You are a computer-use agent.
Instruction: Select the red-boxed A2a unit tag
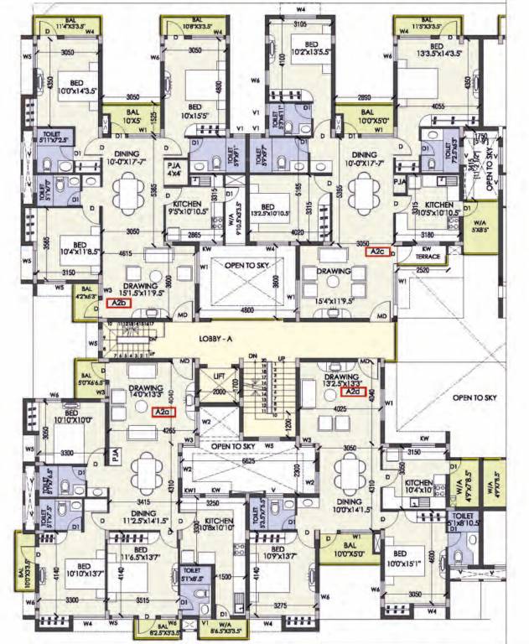point(162,412)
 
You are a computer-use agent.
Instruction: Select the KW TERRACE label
point(428,253)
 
